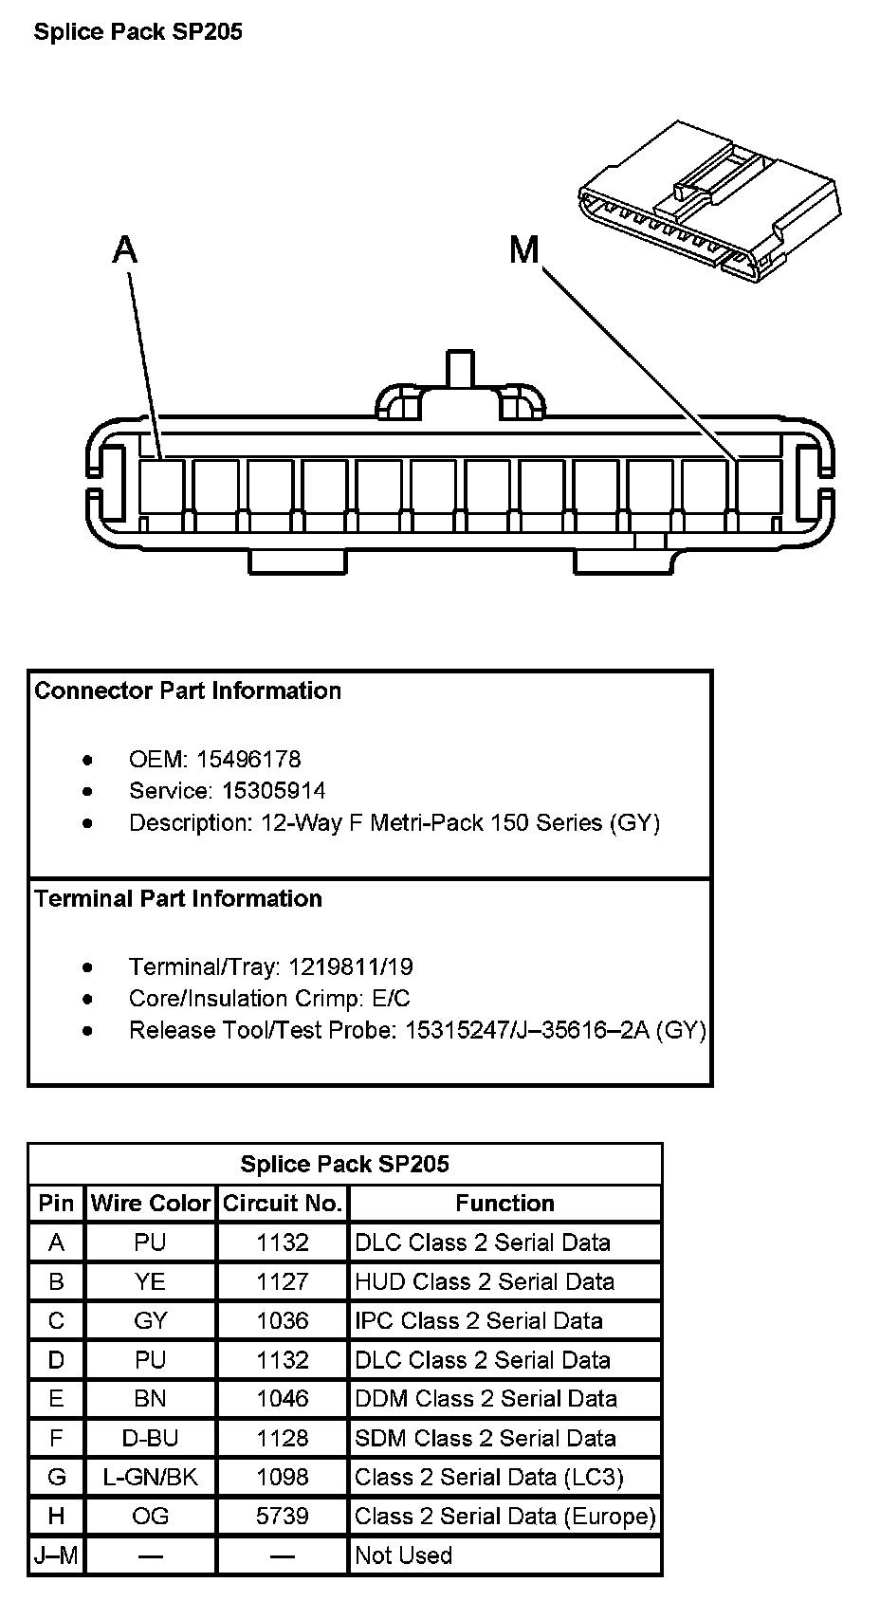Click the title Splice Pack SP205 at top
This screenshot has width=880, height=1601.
click(138, 32)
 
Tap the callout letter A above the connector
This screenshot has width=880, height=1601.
click(124, 249)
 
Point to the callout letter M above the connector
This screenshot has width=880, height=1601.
click(523, 250)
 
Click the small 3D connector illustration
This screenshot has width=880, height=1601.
click(709, 203)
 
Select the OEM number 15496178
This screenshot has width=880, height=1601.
click(248, 759)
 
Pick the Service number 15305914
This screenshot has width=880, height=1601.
click(273, 790)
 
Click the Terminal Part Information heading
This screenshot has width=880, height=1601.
click(178, 898)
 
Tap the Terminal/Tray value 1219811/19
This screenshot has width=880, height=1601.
click(351, 966)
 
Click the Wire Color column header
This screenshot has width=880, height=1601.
click(151, 1203)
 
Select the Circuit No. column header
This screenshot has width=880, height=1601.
click(283, 1203)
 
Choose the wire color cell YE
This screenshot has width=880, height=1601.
click(151, 1281)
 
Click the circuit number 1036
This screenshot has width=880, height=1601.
click(283, 1320)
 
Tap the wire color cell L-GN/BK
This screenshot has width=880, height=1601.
click(151, 1477)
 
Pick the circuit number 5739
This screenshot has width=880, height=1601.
click(283, 1516)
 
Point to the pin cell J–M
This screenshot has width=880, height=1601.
click(57, 1555)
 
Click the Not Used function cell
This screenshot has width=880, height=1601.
click(404, 1555)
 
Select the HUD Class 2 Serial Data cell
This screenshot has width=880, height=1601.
click(485, 1281)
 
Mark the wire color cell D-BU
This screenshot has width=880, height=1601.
click(151, 1438)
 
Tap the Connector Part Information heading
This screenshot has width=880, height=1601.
click(188, 690)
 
